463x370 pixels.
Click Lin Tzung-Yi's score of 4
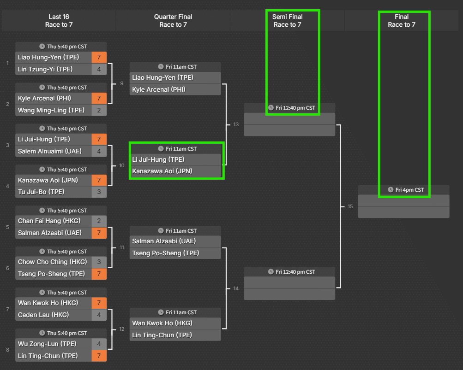99,70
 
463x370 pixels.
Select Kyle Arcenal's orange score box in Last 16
99,98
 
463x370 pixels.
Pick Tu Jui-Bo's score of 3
99,192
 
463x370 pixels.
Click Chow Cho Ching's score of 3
99,262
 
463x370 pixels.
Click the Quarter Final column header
173,21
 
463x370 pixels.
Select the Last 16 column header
59,21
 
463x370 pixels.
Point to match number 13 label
236,125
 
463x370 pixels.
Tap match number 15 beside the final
350,206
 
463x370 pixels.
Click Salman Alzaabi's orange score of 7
99,233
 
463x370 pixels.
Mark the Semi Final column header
287,21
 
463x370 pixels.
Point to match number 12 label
122,329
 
